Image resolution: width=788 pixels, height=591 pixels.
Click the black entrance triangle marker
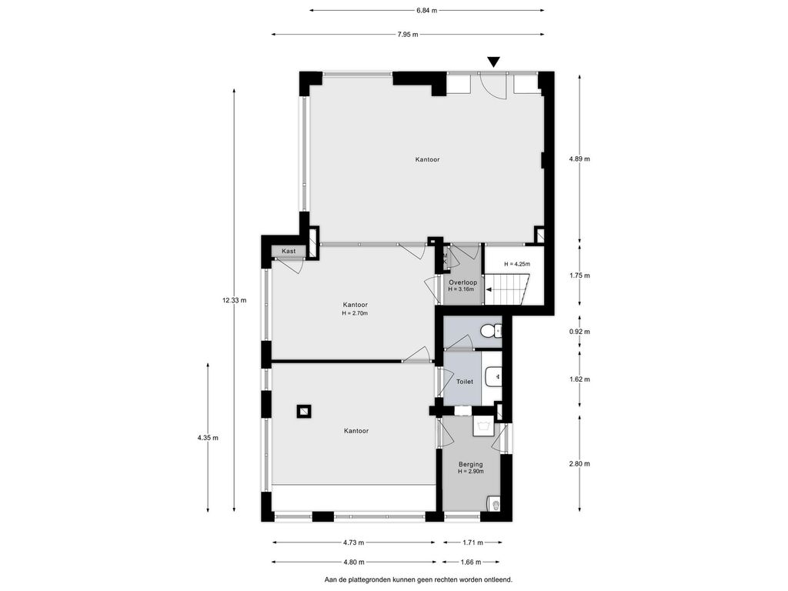(494, 62)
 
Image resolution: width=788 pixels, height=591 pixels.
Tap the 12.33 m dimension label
(234, 301)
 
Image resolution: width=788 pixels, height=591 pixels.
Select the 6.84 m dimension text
(426, 10)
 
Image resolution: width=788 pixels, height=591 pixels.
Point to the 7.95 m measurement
(408, 35)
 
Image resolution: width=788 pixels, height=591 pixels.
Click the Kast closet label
(289, 252)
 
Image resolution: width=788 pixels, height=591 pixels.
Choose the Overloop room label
(462, 282)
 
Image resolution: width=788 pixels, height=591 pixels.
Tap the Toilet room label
(464, 382)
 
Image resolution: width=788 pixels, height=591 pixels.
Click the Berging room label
(470, 464)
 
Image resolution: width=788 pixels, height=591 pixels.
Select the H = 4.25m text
(517, 264)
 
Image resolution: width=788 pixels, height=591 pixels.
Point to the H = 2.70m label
(355, 313)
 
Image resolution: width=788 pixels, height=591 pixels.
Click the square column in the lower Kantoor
(303, 412)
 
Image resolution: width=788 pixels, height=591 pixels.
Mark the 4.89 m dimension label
(579, 159)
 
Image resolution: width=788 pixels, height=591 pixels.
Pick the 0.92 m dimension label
(579, 332)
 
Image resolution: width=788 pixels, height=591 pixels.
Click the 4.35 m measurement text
(208, 438)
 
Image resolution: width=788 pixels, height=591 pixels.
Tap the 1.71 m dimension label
(472, 543)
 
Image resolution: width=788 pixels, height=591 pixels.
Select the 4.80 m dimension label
(354, 563)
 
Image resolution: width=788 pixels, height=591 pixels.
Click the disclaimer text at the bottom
(419, 580)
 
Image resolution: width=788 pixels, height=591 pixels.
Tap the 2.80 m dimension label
(579, 464)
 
